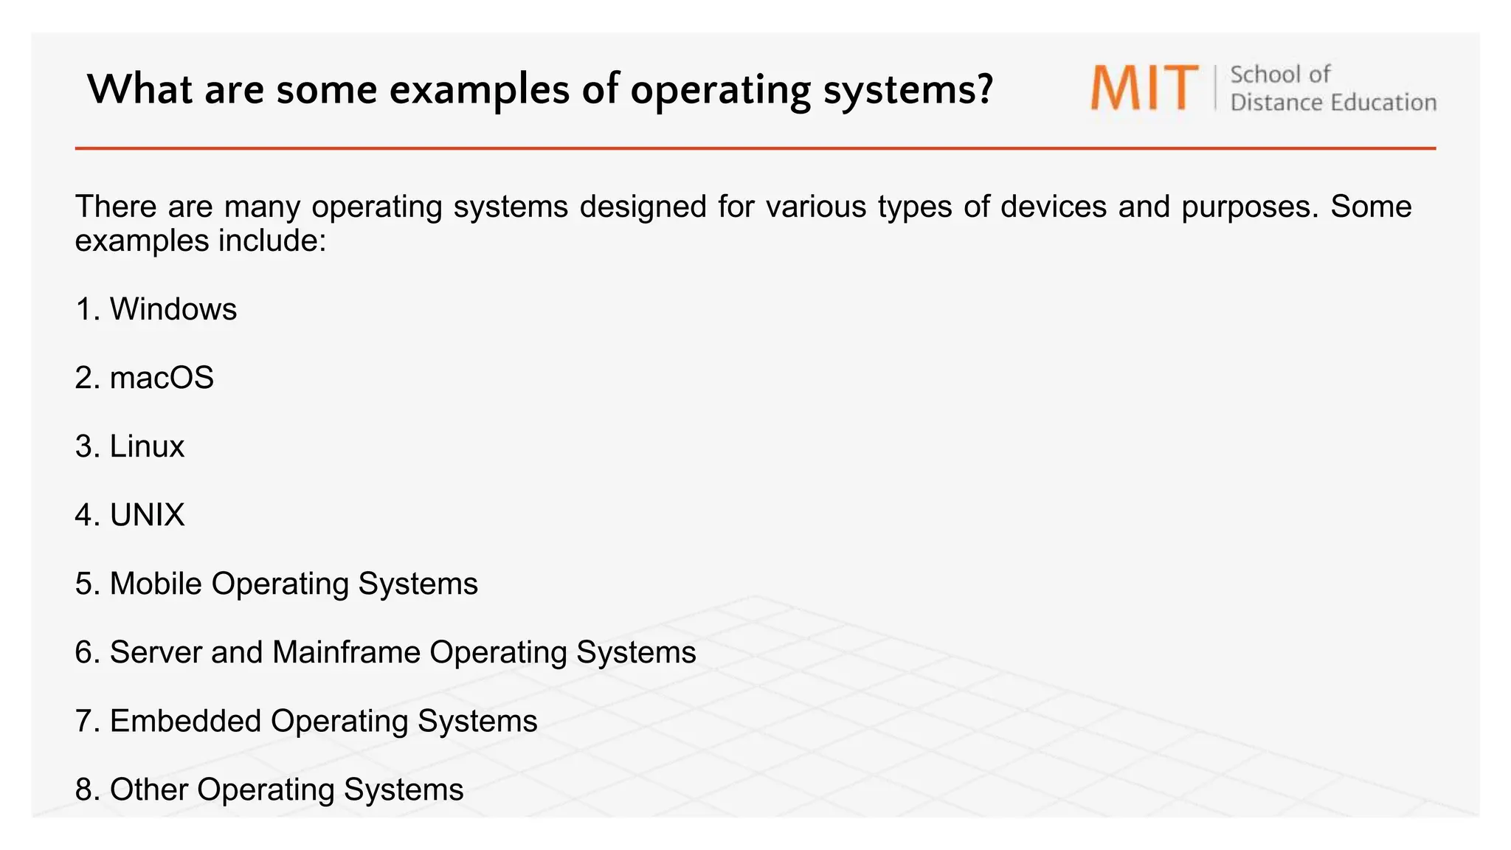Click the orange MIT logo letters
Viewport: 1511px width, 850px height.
(x=1144, y=88)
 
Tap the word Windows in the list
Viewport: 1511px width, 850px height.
(x=173, y=309)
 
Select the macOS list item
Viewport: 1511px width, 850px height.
(x=162, y=378)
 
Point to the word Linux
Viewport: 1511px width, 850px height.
(x=147, y=446)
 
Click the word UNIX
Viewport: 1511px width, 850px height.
(x=147, y=515)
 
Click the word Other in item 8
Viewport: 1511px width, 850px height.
(x=149, y=789)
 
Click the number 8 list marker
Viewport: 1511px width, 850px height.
(x=85, y=789)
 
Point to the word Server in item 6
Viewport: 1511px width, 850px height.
(x=156, y=652)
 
